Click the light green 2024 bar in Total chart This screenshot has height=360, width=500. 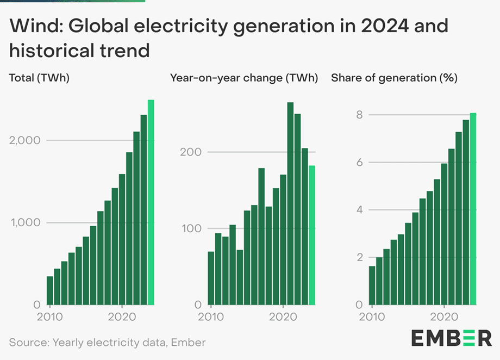151,202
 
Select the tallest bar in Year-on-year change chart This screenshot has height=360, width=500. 290,203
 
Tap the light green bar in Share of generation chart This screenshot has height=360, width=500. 473,209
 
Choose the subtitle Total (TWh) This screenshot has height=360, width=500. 39,78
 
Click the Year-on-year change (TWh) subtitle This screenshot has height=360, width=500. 244,78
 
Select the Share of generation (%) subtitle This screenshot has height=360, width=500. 394,78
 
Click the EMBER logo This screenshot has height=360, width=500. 451,338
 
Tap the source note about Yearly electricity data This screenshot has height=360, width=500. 108,343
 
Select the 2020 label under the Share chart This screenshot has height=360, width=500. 445,316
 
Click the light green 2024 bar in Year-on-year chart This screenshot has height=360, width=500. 312,235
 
